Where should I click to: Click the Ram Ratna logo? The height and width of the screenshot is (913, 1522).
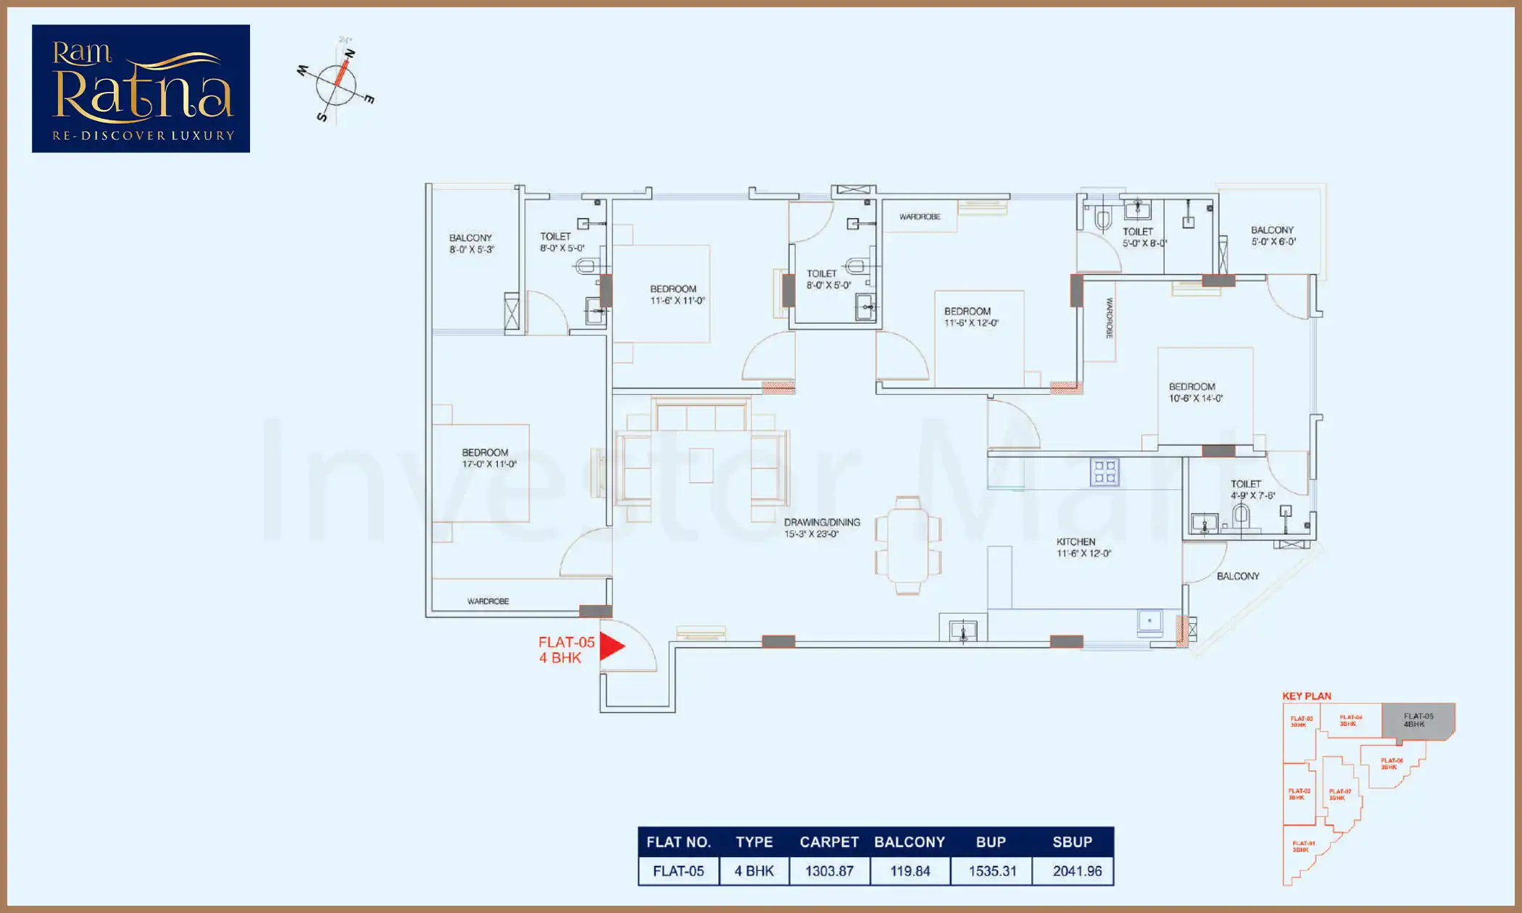click(x=141, y=88)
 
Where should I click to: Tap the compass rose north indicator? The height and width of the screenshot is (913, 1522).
click(x=349, y=54)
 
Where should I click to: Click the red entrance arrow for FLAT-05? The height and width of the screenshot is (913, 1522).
click(x=612, y=646)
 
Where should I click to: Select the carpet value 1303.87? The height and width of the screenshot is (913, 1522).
click(x=829, y=871)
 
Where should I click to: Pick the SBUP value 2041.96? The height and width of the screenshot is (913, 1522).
click(x=1077, y=871)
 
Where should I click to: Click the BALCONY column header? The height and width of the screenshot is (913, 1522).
click(x=910, y=842)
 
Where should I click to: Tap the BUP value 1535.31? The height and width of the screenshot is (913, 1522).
click(x=992, y=871)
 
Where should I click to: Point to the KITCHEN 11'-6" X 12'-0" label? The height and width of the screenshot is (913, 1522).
click(x=1083, y=547)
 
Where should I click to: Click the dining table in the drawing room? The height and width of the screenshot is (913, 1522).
click(x=907, y=545)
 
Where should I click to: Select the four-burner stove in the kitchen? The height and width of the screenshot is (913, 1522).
click(x=1105, y=472)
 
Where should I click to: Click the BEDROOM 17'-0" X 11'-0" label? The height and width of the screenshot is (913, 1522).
click(x=489, y=458)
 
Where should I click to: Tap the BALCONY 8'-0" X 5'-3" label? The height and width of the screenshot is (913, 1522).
click(x=471, y=243)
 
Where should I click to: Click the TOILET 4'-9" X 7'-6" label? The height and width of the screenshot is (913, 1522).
click(x=1252, y=489)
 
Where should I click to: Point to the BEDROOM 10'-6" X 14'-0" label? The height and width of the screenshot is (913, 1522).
click(x=1195, y=392)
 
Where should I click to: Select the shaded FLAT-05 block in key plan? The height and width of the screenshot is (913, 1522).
click(x=1418, y=721)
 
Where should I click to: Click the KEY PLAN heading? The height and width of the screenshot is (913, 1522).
click(x=1306, y=696)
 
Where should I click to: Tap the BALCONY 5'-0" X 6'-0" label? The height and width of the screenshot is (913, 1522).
click(x=1273, y=235)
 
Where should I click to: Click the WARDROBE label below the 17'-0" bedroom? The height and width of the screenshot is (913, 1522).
click(x=488, y=601)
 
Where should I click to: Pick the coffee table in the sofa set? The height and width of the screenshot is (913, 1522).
click(x=701, y=465)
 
